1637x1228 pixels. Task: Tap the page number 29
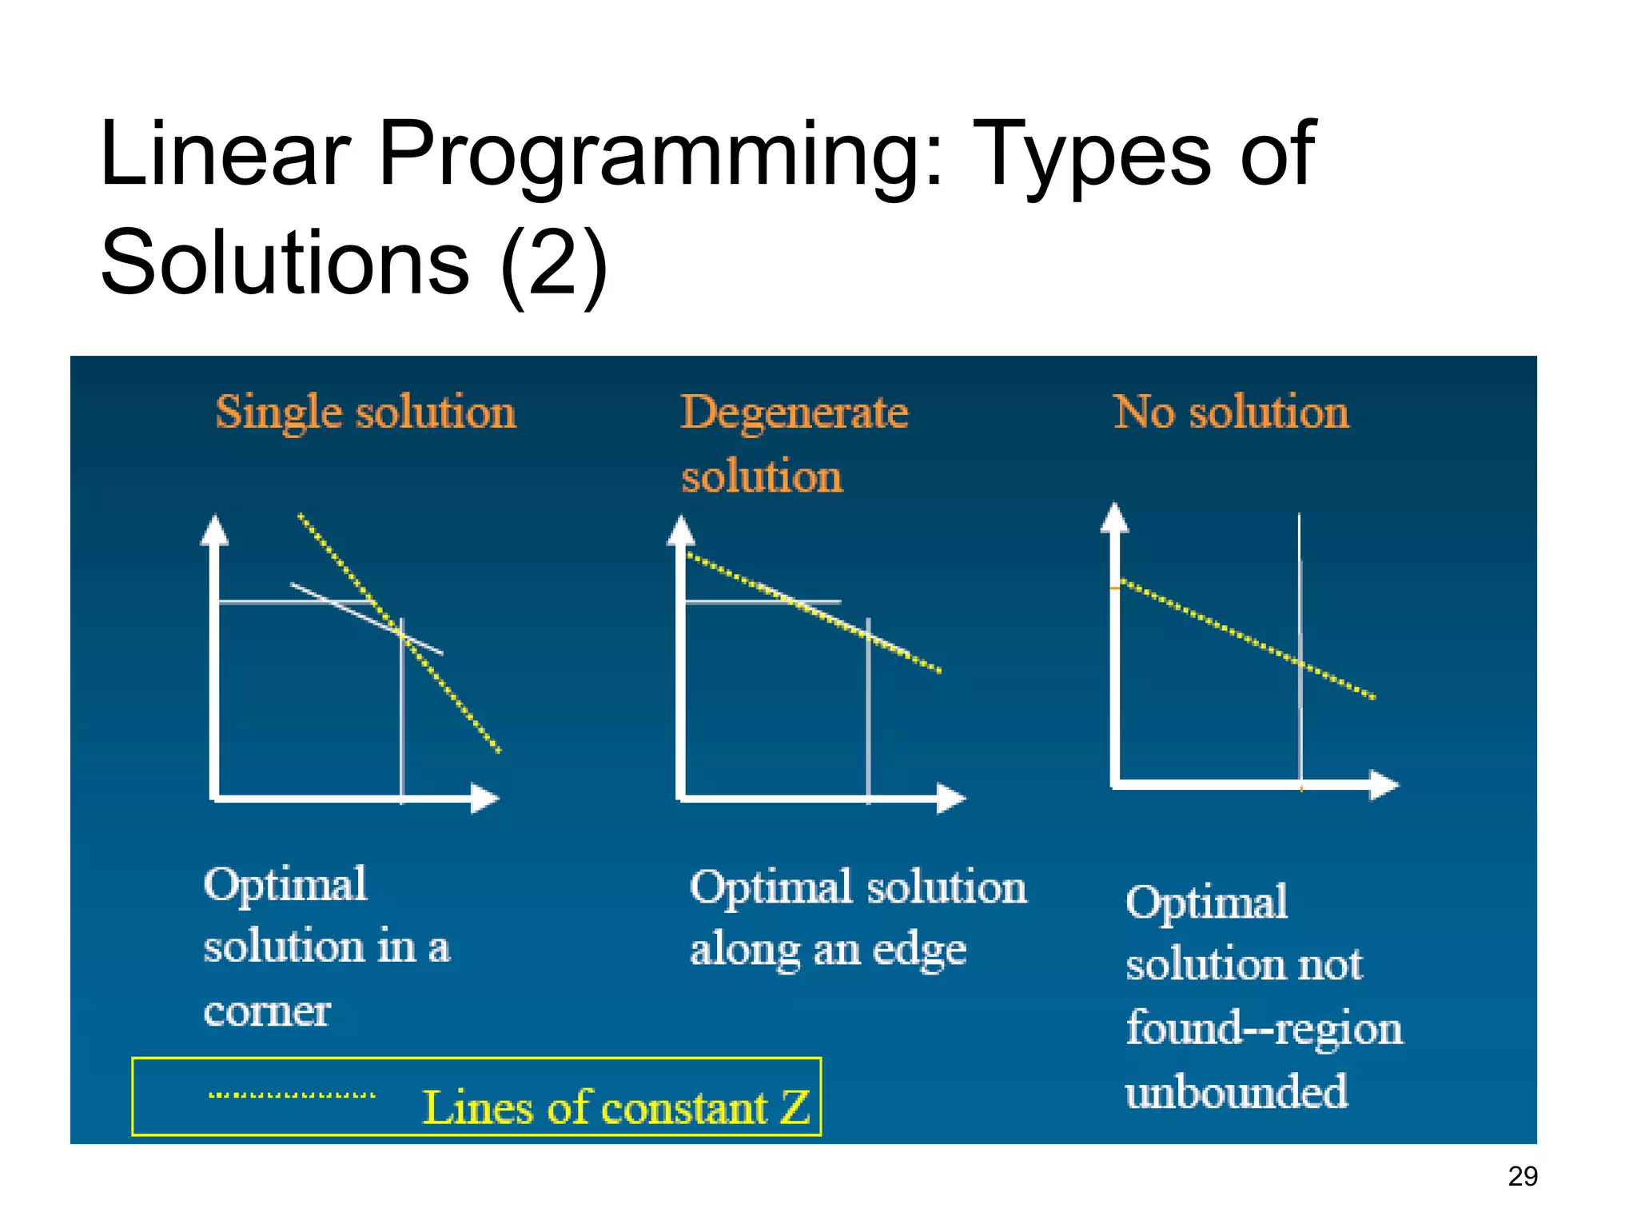pyautogui.click(x=1522, y=1177)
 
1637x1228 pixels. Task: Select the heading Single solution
pyautogui.click(x=365, y=413)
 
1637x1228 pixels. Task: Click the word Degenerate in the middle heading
pyautogui.click(x=794, y=413)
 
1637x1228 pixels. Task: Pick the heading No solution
pyautogui.click(x=1231, y=413)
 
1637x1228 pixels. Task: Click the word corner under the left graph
pyautogui.click(x=267, y=1012)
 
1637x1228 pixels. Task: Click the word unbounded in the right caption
pyautogui.click(x=1236, y=1092)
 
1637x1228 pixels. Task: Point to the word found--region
pyautogui.click(x=1264, y=1029)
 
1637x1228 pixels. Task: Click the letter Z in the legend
pyautogui.click(x=795, y=1108)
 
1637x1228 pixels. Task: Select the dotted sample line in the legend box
pyautogui.click(x=292, y=1095)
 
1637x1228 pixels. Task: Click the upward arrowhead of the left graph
pyautogui.click(x=214, y=530)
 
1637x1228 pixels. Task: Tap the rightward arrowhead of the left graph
pyautogui.click(x=484, y=798)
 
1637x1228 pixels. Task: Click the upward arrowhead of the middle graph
pyautogui.click(x=681, y=530)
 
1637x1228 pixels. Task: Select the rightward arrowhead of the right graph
pyautogui.click(x=1384, y=785)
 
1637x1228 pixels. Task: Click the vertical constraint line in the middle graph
pyautogui.click(x=869, y=720)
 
